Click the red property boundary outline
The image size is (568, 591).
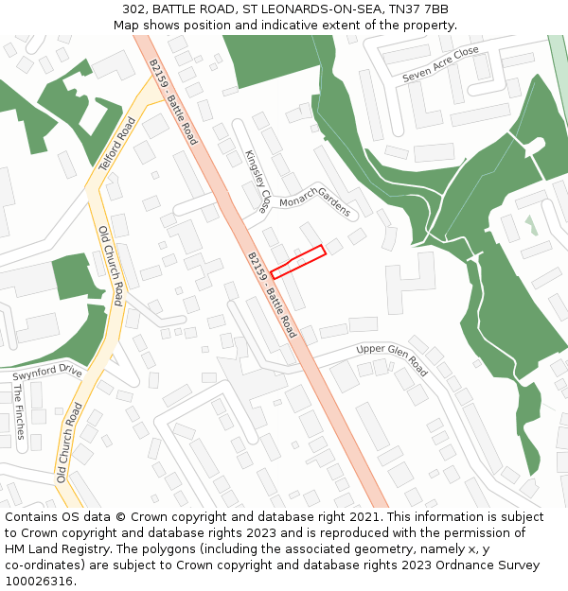tap(298, 262)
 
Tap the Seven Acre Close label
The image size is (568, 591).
tap(440, 63)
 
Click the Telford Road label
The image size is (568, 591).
tap(118, 144)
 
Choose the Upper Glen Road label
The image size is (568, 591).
tap(392, 359)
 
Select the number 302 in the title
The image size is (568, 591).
tap(133, 9)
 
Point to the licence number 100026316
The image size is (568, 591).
tap(41, 582)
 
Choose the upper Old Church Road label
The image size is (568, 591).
tap(111, 266)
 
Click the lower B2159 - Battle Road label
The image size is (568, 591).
tap(272, 294)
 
